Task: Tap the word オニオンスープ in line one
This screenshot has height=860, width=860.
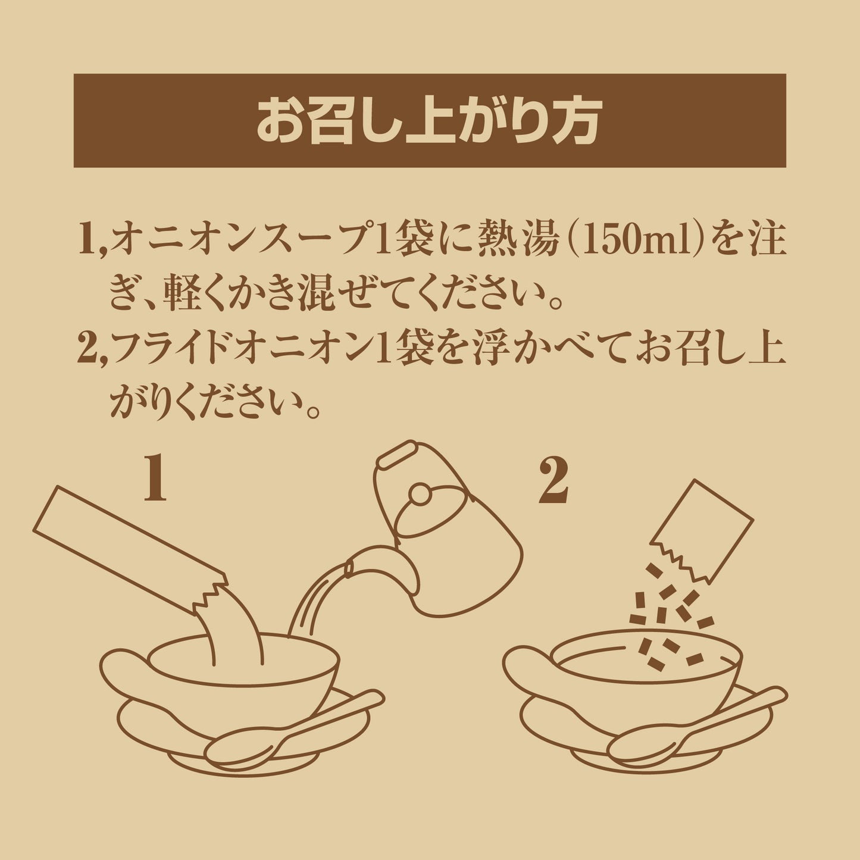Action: coord(243,242)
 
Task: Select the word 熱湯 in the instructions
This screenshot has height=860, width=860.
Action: coord(518,242)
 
